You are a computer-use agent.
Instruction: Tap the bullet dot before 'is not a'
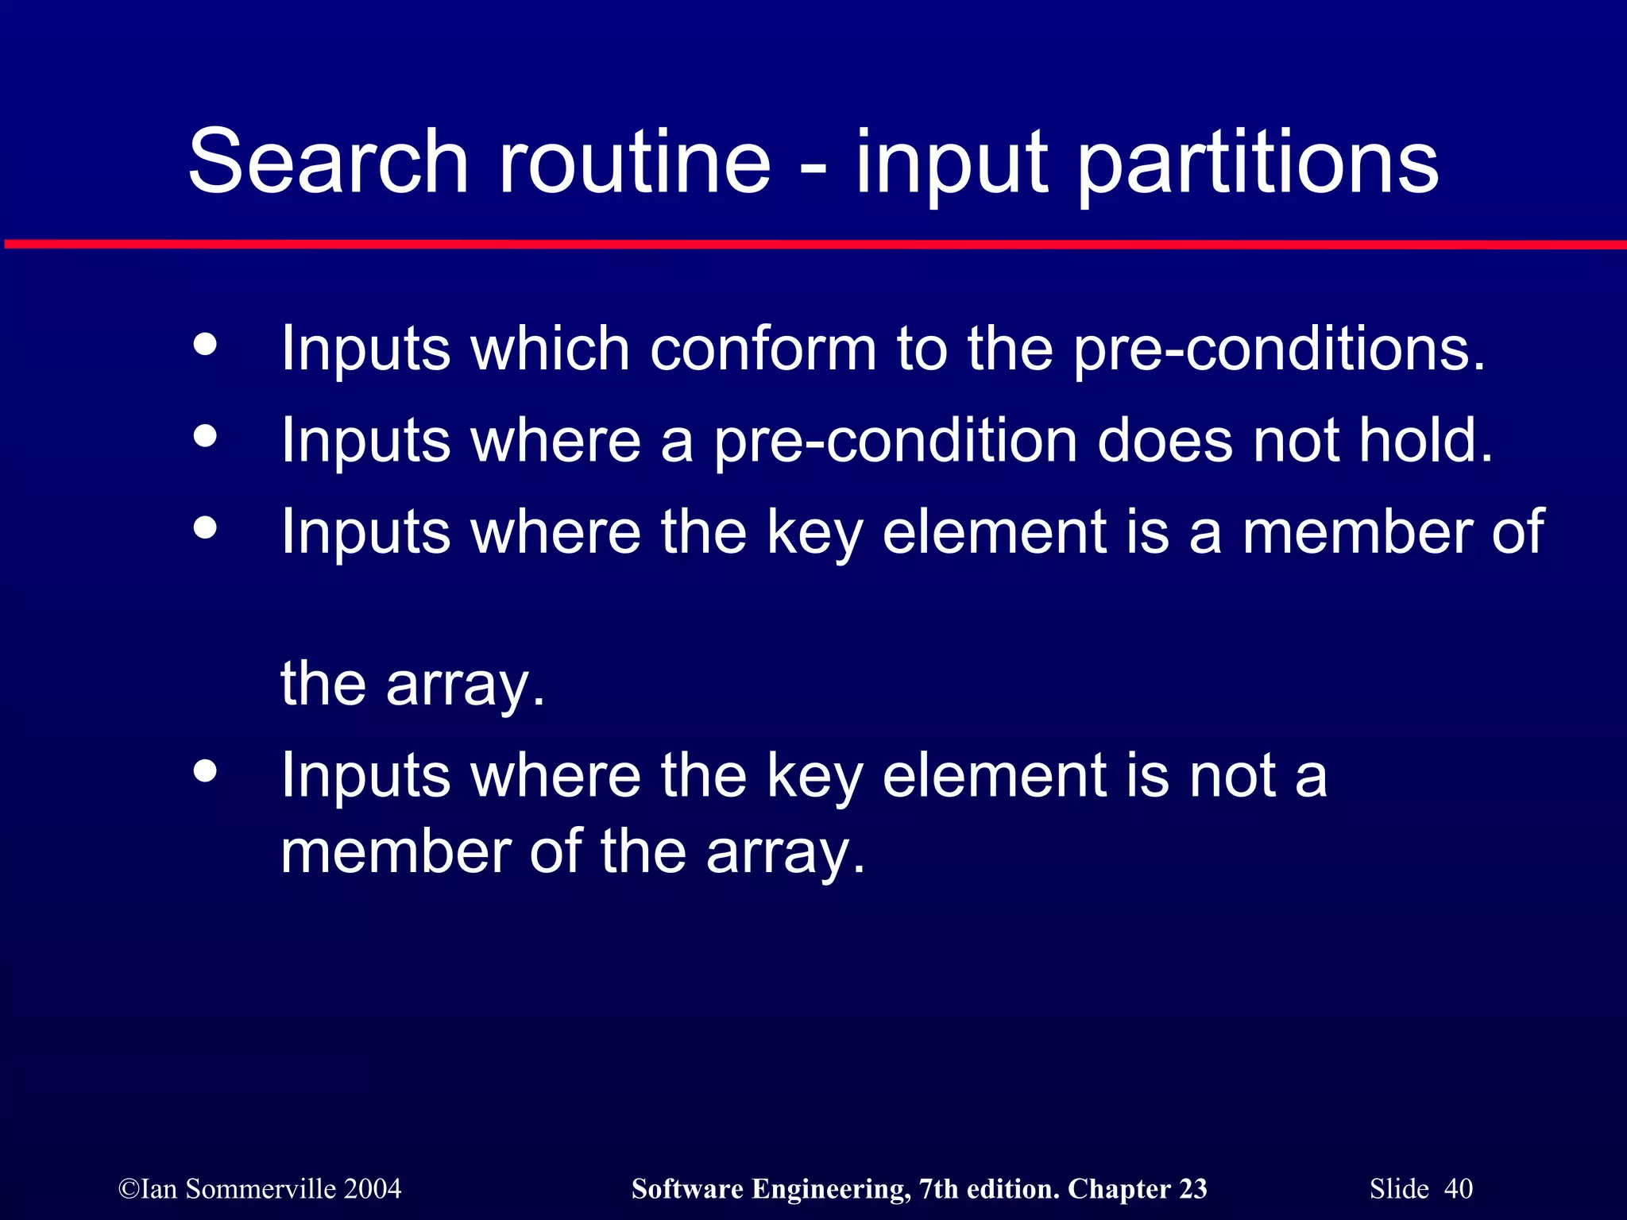205,770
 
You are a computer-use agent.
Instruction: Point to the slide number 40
1458,1189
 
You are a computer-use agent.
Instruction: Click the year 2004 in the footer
372,1189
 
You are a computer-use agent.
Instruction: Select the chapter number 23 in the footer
1192,1189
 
